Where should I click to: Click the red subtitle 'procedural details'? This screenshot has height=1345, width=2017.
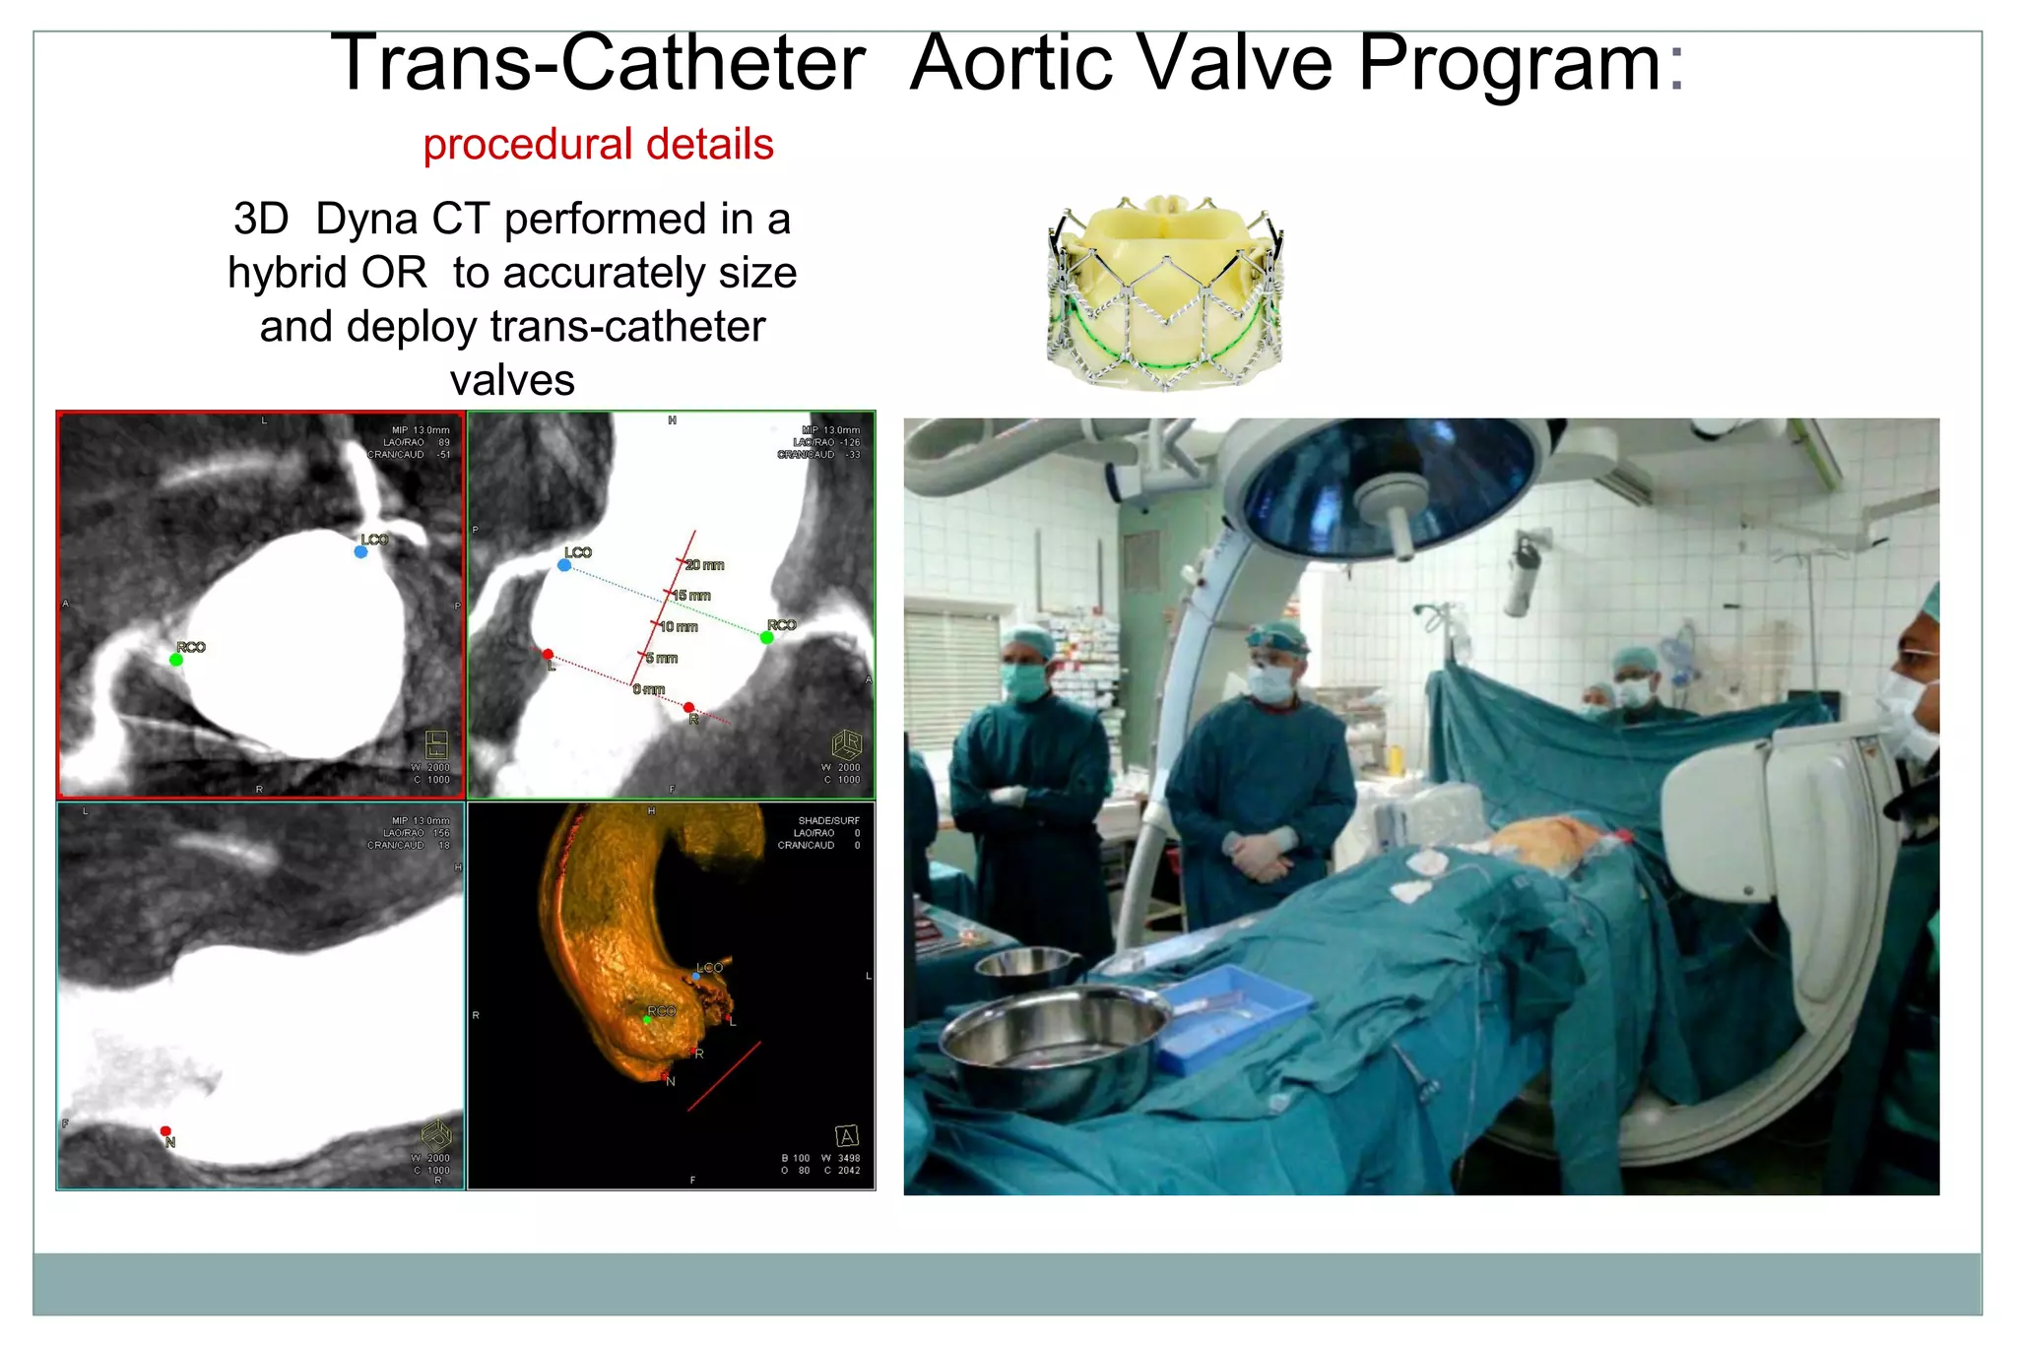point(598,144)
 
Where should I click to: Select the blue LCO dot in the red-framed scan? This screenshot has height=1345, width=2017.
point(360,552)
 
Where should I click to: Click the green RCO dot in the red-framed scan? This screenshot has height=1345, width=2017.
point(176,660)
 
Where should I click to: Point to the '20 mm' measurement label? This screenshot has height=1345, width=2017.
point(705,565)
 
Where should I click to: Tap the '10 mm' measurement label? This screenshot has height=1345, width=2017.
point(679,627)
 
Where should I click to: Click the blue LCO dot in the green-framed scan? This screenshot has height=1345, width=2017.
point(563,565)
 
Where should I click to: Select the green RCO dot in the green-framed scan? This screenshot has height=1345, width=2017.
point(766,638)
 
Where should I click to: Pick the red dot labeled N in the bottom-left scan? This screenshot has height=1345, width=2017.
point(165,1131)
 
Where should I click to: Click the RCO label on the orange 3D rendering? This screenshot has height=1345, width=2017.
point(661,1011)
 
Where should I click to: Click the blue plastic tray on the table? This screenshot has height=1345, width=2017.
point(1231,1014)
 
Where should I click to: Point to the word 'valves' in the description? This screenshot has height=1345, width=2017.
point(512,380)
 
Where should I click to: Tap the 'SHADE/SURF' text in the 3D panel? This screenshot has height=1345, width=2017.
point(828,820)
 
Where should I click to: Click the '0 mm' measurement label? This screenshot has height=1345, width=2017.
point(649,689)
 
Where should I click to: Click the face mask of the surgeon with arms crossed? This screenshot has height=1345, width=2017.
point(1023,680)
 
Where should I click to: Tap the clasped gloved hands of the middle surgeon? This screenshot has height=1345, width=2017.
point(1259,856)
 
